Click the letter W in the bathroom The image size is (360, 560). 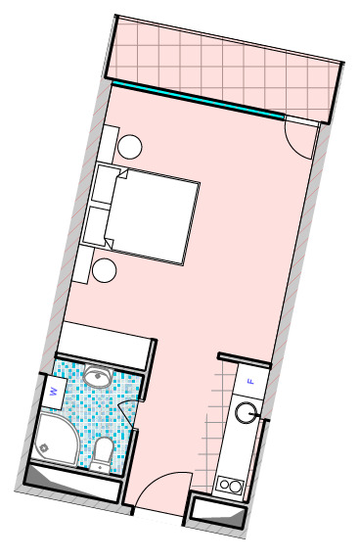pyautogui.click(x=54, y=393)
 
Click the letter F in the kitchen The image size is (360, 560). pyautogui.click(x=251, y=381)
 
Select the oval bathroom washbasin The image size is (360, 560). pyautogui.click(x=98, y=376)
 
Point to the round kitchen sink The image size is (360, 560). pyautogui.click(x=247, y=412)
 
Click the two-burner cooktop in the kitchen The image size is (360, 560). pyautogui.click(x=231, y=485)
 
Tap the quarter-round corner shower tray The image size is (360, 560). pyautogui.click(x=57, y=439)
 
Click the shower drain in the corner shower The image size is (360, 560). pyautogui.click(x=45, y=447)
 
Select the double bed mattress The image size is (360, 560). pyautogui.click(x=152, y=216)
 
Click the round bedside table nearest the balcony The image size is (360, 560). pyautogui.click(x=130, y=147)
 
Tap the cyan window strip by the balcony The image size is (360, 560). pyautogui.click(x=199, y=100)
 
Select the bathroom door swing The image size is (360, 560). pyautogui.click(x=126, y=413)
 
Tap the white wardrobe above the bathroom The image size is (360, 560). pyautogui.click(x=106, y=344)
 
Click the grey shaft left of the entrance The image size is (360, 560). pyautogui.click(x=73, y=483)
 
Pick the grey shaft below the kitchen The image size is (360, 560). pyautogui.click(x=218, y=511)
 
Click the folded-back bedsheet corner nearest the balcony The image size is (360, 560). pyautogui.click(x=123, y=174)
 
